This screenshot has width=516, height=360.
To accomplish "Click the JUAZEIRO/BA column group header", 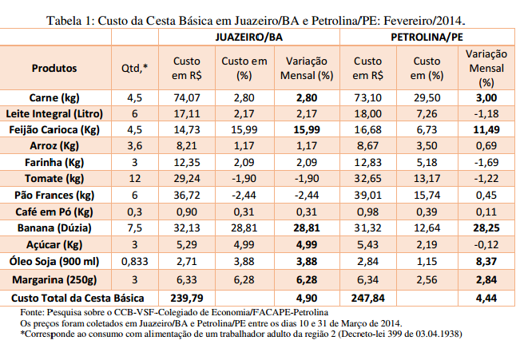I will point(248,38).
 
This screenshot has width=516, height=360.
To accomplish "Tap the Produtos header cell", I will point(55,68).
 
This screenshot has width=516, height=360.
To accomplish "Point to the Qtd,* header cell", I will point(134,68).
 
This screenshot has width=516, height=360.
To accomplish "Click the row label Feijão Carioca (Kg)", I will point(55,129).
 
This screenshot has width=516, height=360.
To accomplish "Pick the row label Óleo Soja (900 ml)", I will point(55,261).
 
